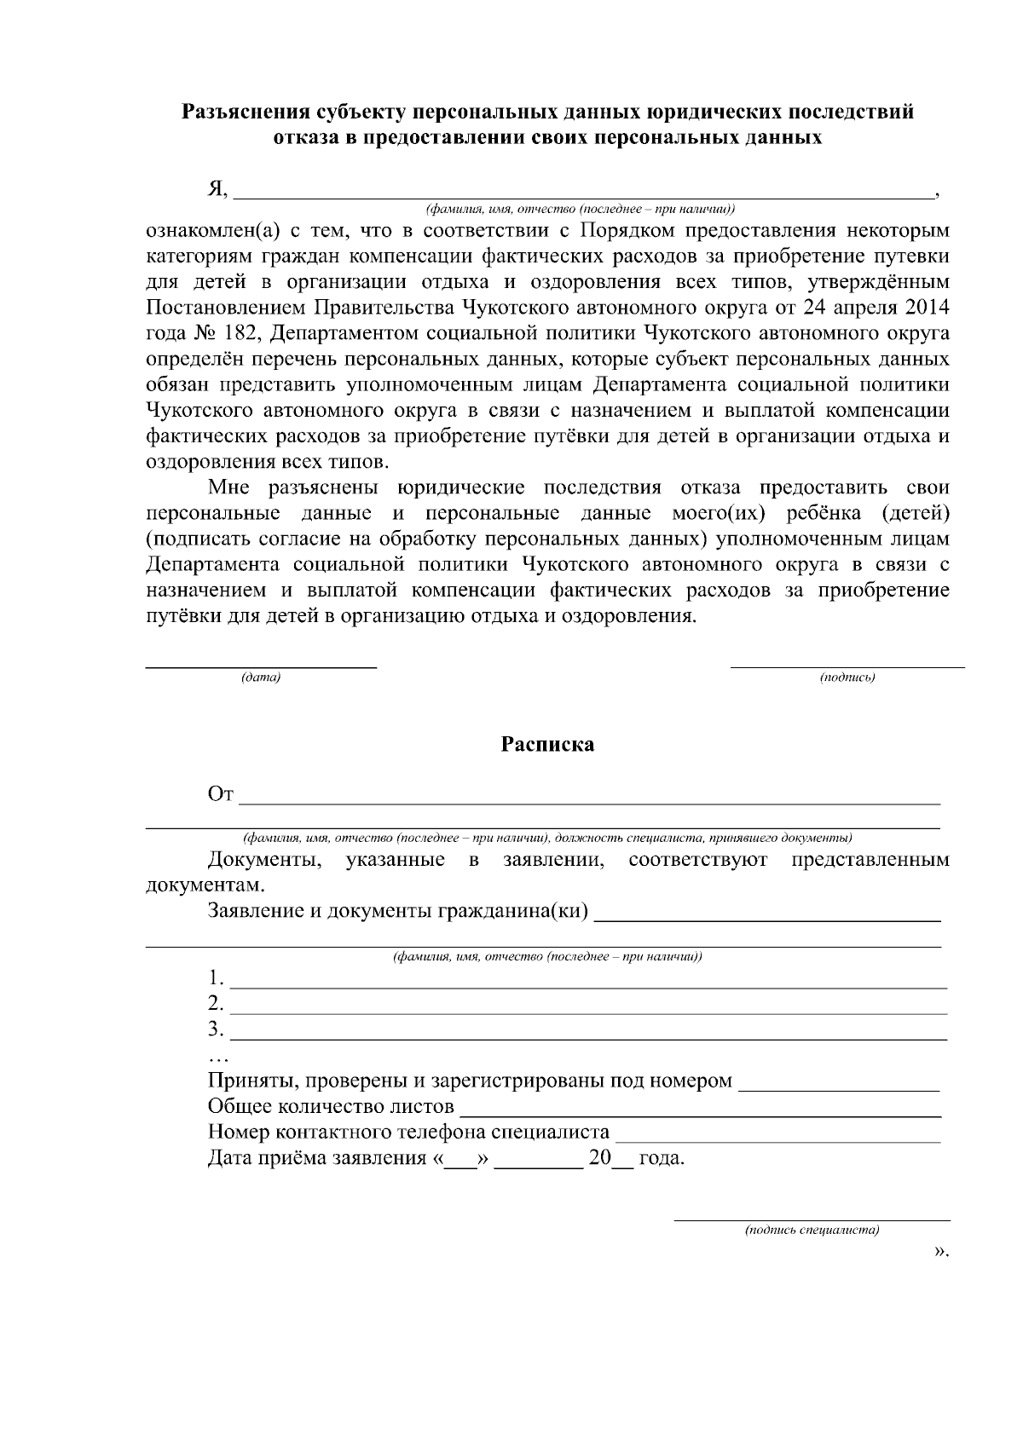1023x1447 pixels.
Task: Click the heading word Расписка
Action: tap(546, 745)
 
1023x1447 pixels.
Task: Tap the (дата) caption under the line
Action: tap(261, 677)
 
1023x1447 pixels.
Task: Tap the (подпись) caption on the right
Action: tap(847, 677)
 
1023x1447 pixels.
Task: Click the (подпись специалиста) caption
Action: tap(812, 1231)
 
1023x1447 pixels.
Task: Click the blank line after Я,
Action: tap(583, 193)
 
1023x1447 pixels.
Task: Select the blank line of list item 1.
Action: tap(588, 983)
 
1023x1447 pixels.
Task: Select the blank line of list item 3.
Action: tap(588, 1035)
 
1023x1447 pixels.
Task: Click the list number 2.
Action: tap(216, 1002)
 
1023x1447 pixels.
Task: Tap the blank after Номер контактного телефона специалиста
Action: tap(777, 1137)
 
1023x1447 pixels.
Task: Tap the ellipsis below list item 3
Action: tap(218, 1058)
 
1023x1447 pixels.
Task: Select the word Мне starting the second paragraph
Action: tap(227, 488)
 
